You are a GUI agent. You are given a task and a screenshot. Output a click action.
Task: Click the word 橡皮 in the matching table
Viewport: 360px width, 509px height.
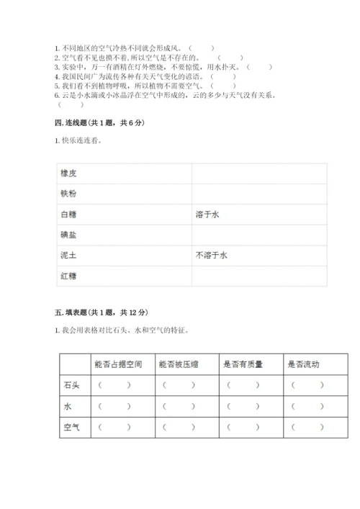[x=69, y=174]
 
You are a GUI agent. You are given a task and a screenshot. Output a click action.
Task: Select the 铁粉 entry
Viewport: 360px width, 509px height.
[x=69, y=194]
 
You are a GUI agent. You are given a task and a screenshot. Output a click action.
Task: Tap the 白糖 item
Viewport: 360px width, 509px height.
[x=69, y=214]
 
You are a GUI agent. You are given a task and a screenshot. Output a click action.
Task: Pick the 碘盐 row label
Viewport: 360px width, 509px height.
[x=69, y=235]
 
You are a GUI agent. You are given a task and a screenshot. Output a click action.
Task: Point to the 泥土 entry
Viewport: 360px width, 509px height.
[x=69, y=255]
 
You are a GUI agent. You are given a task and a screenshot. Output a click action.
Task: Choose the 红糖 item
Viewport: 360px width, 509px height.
[x=69, y=275]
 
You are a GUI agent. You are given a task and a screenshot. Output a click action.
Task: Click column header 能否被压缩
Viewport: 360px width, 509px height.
[x=178, y=364]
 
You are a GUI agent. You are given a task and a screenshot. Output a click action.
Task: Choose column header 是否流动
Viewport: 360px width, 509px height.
[x=303, y=364]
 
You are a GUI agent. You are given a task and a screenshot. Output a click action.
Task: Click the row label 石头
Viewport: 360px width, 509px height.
[x=71, y=385]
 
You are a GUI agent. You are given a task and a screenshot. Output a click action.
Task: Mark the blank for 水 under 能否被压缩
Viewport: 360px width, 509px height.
[x=179, y=407]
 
